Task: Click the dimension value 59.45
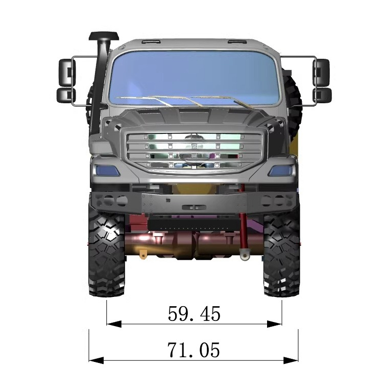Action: [x=194, y=313]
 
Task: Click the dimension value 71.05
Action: [x=194, y=350]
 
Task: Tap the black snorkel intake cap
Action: [x=104, y=36]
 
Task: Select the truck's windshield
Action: [x=194, y=78]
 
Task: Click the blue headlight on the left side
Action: [x=106, y=171]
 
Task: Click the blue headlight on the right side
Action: [x=280, y=171]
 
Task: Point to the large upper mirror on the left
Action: [x=67, y=72]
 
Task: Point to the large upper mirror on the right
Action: [x=321, y=72]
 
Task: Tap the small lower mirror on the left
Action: [x=66, y=95]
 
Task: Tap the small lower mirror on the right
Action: [x=322, y=95]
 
